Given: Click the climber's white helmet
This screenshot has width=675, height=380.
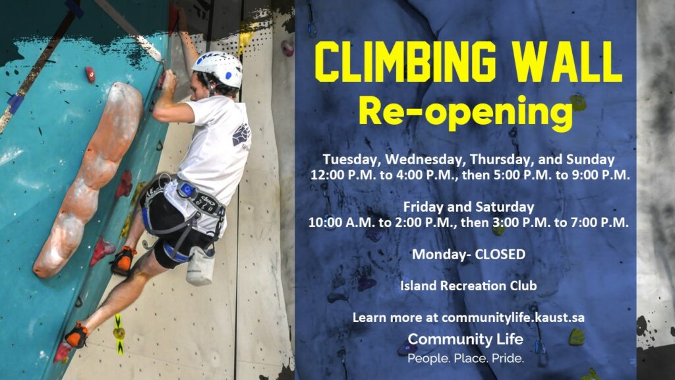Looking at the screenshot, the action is (218, 68).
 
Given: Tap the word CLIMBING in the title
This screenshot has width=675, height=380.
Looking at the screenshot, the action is (406, 61).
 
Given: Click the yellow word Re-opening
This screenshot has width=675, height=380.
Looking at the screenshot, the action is (466, 111).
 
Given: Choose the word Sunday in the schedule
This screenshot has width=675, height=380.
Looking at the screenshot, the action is (590, 160).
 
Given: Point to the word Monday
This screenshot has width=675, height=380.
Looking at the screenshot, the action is (438, 255).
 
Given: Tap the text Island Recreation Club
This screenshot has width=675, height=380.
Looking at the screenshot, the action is (469, 286).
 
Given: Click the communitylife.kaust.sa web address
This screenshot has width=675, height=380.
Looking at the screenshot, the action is (513, 318).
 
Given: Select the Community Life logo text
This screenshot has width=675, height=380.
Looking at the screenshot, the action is (466, 340).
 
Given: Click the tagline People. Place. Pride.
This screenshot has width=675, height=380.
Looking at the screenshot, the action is (466, 358).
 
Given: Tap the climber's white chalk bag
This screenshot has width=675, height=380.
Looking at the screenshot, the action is (200, 267).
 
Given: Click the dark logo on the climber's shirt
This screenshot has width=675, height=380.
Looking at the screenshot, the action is (241, 135).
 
